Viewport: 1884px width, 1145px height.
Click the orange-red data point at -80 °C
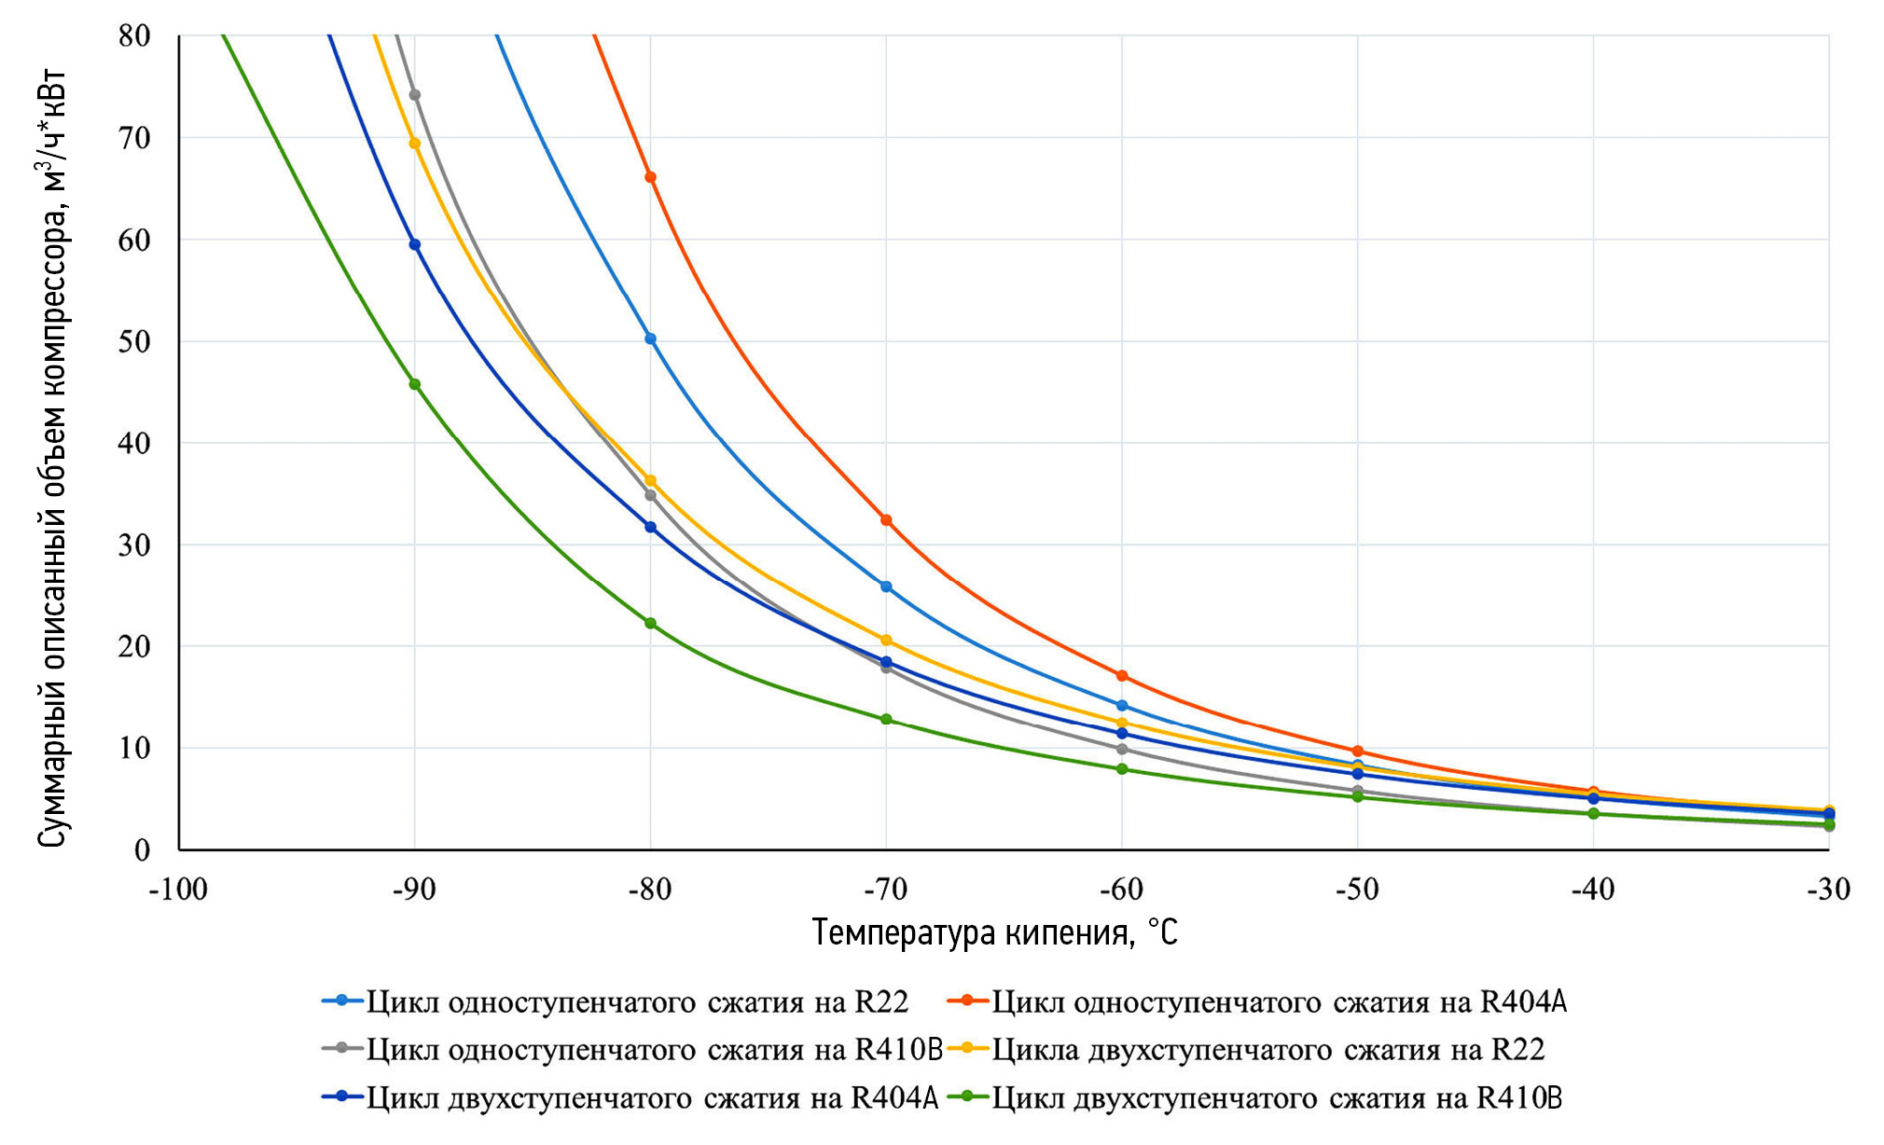pos(650,177)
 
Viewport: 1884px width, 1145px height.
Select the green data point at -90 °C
pos(415,384)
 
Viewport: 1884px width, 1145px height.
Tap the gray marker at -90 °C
pos(415,95)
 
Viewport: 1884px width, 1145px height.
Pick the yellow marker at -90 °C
pos(415,144)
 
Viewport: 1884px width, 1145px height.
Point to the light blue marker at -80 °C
pos(650,338)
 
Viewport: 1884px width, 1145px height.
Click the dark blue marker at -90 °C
pos(415,244)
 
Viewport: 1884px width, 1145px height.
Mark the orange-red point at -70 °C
pos(886,520)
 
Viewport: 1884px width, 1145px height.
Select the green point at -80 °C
pos(650,623)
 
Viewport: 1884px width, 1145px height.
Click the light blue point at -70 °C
pos(886,586)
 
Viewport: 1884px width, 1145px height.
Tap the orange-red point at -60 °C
pos(1122,676)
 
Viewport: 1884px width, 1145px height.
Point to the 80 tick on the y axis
pos(134,36)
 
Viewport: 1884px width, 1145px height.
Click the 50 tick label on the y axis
pos(134,341)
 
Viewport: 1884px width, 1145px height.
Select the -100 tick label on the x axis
pos(178,890)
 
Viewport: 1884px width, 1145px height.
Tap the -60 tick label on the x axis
pos(1121,890)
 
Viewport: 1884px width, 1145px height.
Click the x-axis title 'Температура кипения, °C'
pos(994,932)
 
